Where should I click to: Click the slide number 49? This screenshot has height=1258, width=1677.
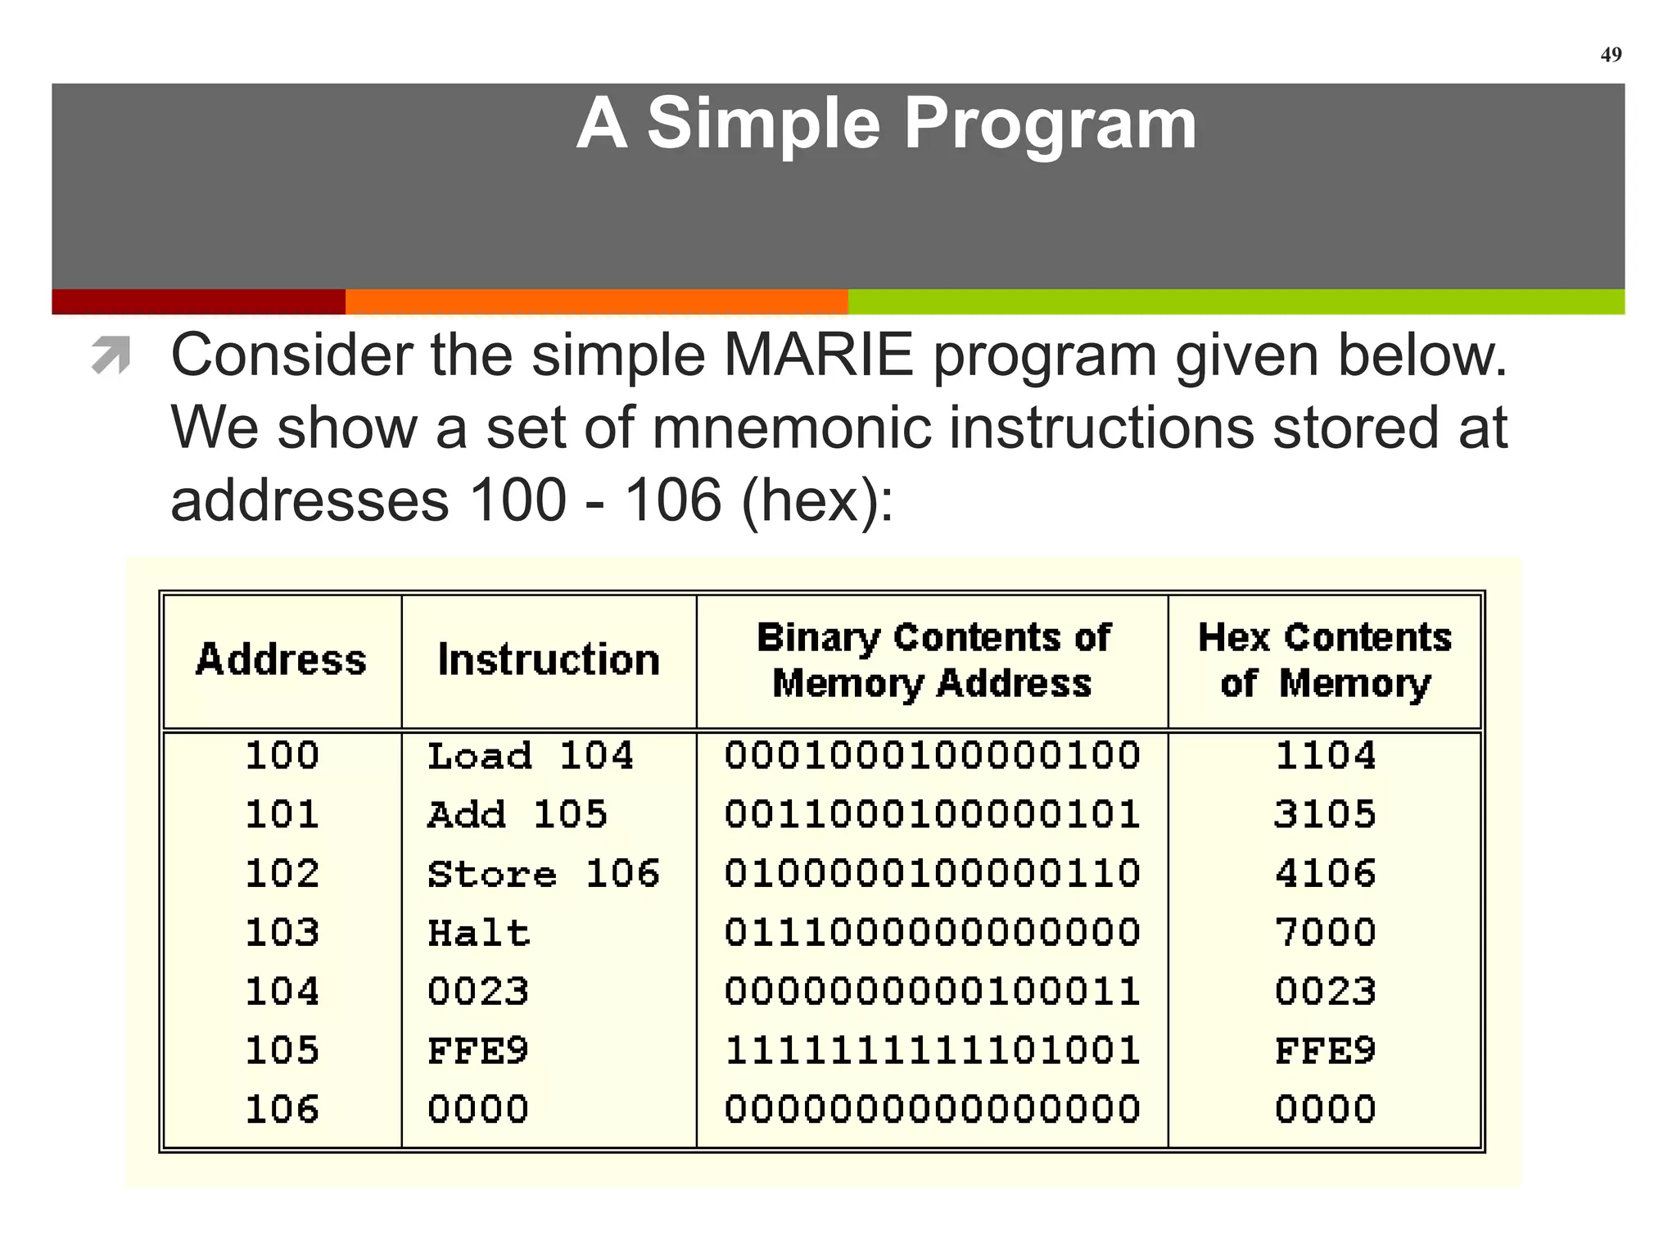[x=1610, y=55]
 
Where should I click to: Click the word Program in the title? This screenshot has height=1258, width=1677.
[x=1050, y=124]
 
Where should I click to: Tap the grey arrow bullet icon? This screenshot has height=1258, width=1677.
[x=111, y=355]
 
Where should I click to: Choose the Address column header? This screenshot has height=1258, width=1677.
[x=281, y=659]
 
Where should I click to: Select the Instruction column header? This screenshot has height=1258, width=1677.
[x=548, y=659]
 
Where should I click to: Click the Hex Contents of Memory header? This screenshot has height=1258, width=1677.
[x=1324, y=659]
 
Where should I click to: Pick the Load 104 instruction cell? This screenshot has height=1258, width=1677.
[x=530, y=755]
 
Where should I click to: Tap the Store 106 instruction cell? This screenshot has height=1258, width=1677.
[x=543, y=874]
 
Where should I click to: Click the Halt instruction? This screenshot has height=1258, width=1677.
[x=478, y=933]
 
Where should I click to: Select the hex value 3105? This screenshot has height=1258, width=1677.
[x=1324, y=814]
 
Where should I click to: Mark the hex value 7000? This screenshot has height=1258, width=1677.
[x=1324, y=933]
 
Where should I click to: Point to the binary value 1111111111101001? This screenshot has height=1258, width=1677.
[x=932, y=1051]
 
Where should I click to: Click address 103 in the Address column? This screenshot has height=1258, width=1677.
[x=282, y=933]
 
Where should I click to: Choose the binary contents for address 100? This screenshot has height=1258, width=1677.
[x=932, y=755]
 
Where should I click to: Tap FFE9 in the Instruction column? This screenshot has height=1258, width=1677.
[x=478, y=1051]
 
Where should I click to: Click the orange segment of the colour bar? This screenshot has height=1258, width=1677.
[x=596, y=301]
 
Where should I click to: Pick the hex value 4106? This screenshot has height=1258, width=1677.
[x=1324, y=874]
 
